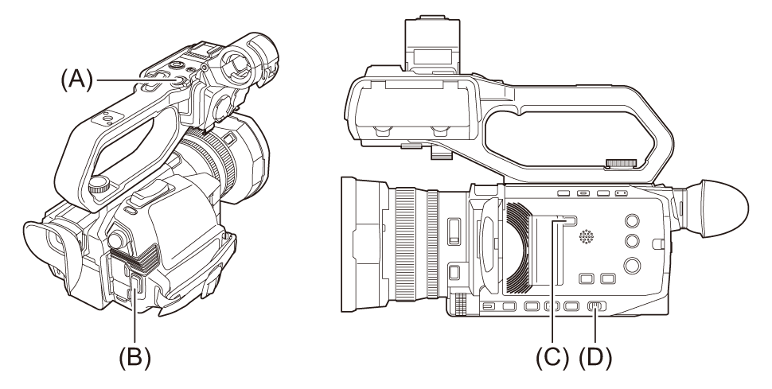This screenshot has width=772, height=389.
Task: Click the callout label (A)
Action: coord(77,79)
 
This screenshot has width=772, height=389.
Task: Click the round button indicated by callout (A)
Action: coord(179,80)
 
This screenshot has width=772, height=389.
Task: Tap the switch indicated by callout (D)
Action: coord(596,306)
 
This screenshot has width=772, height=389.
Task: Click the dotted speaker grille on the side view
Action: coord(586,237)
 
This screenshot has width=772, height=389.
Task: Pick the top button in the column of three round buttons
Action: coord(632,220)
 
